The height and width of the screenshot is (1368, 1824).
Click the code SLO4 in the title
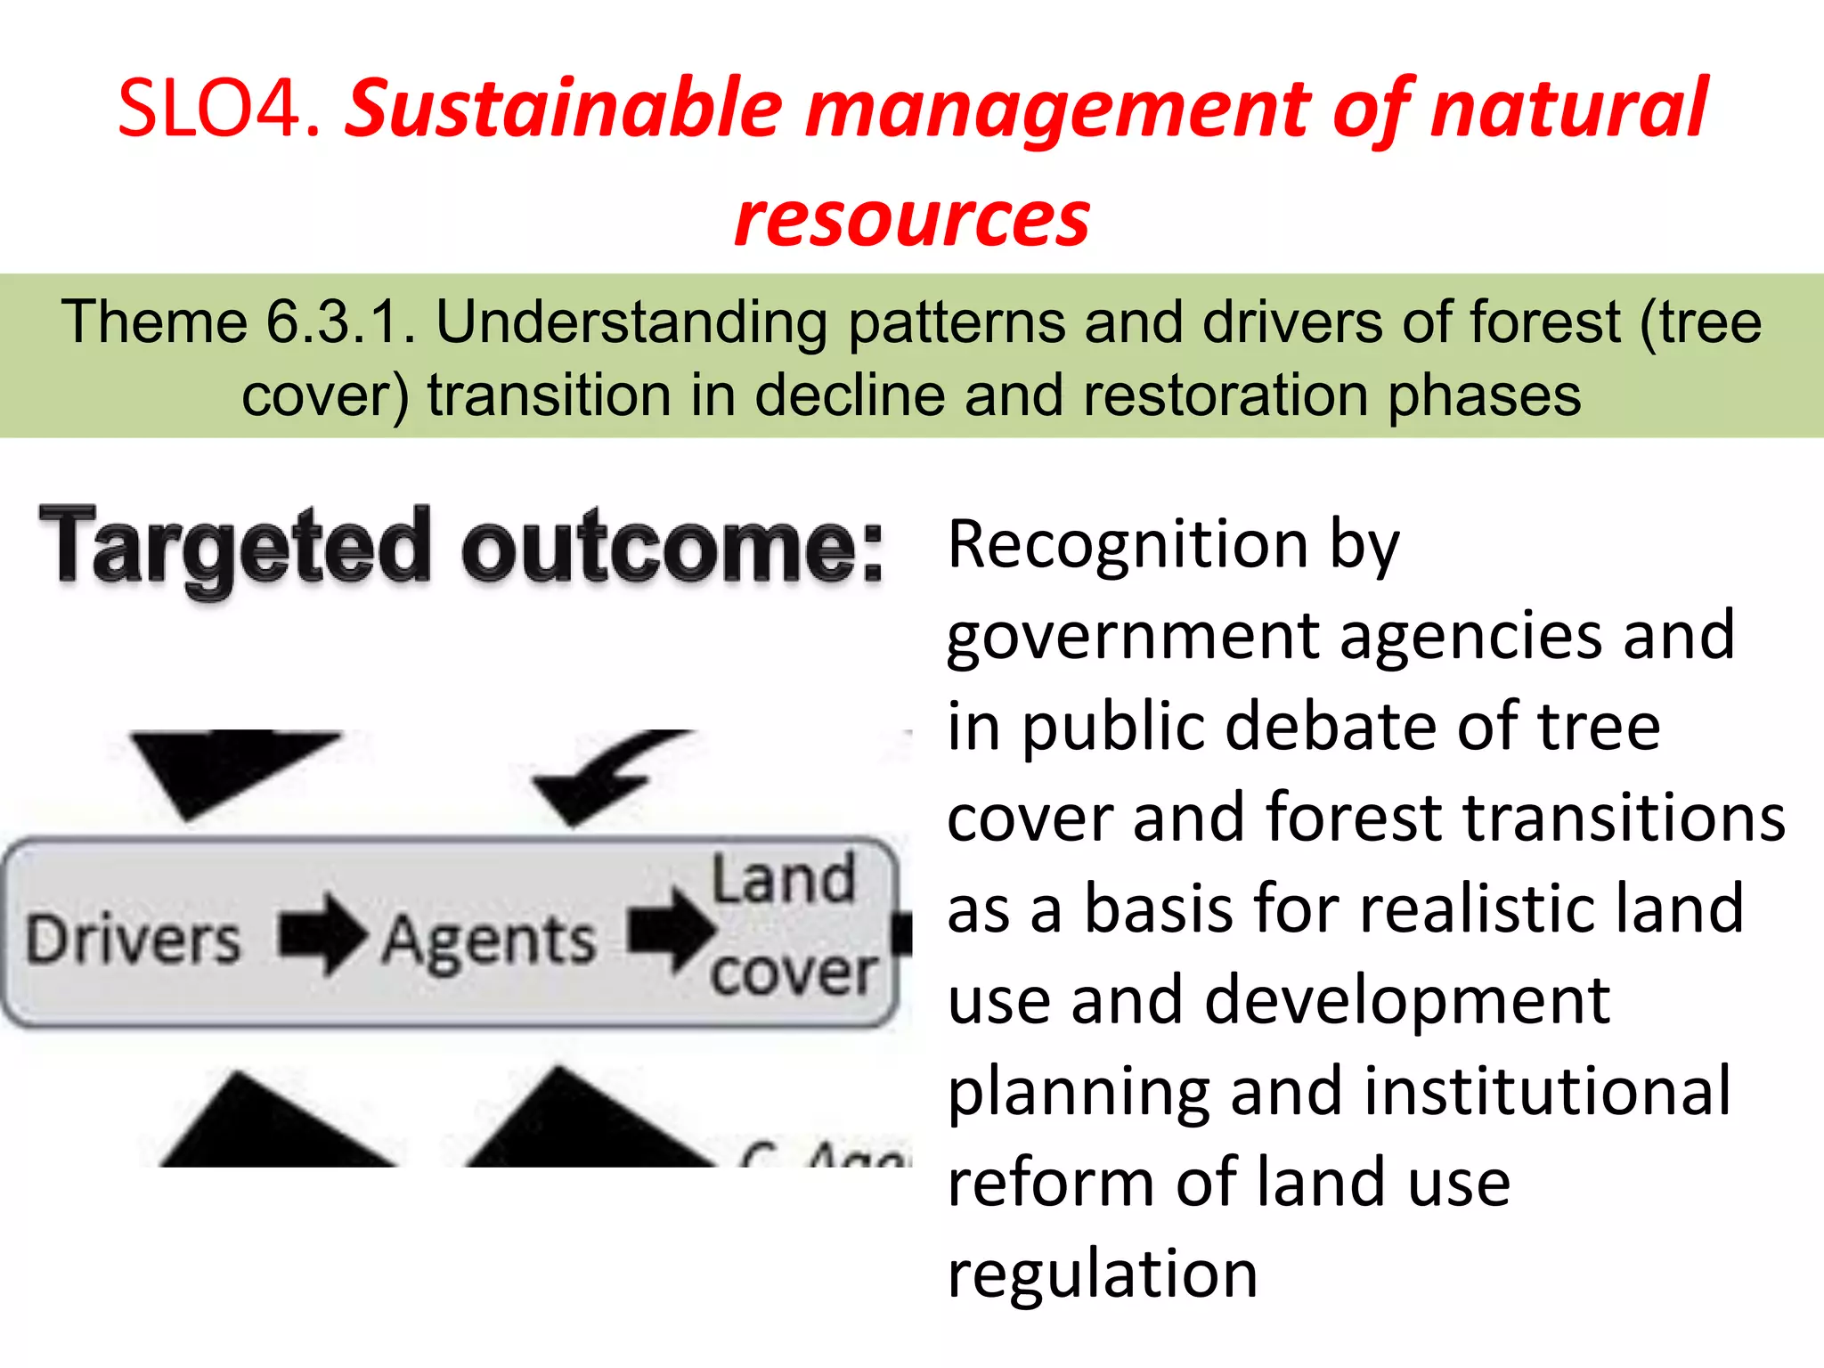tap(219, 109)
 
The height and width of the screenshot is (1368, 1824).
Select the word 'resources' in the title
tap(912, 219)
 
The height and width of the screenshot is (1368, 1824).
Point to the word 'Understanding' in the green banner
tap(631, 322)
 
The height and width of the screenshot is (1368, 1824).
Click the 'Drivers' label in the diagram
tap(134, 940)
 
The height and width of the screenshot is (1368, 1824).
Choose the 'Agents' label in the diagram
tap(489, 940)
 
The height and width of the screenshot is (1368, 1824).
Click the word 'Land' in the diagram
tap(783, 880)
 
